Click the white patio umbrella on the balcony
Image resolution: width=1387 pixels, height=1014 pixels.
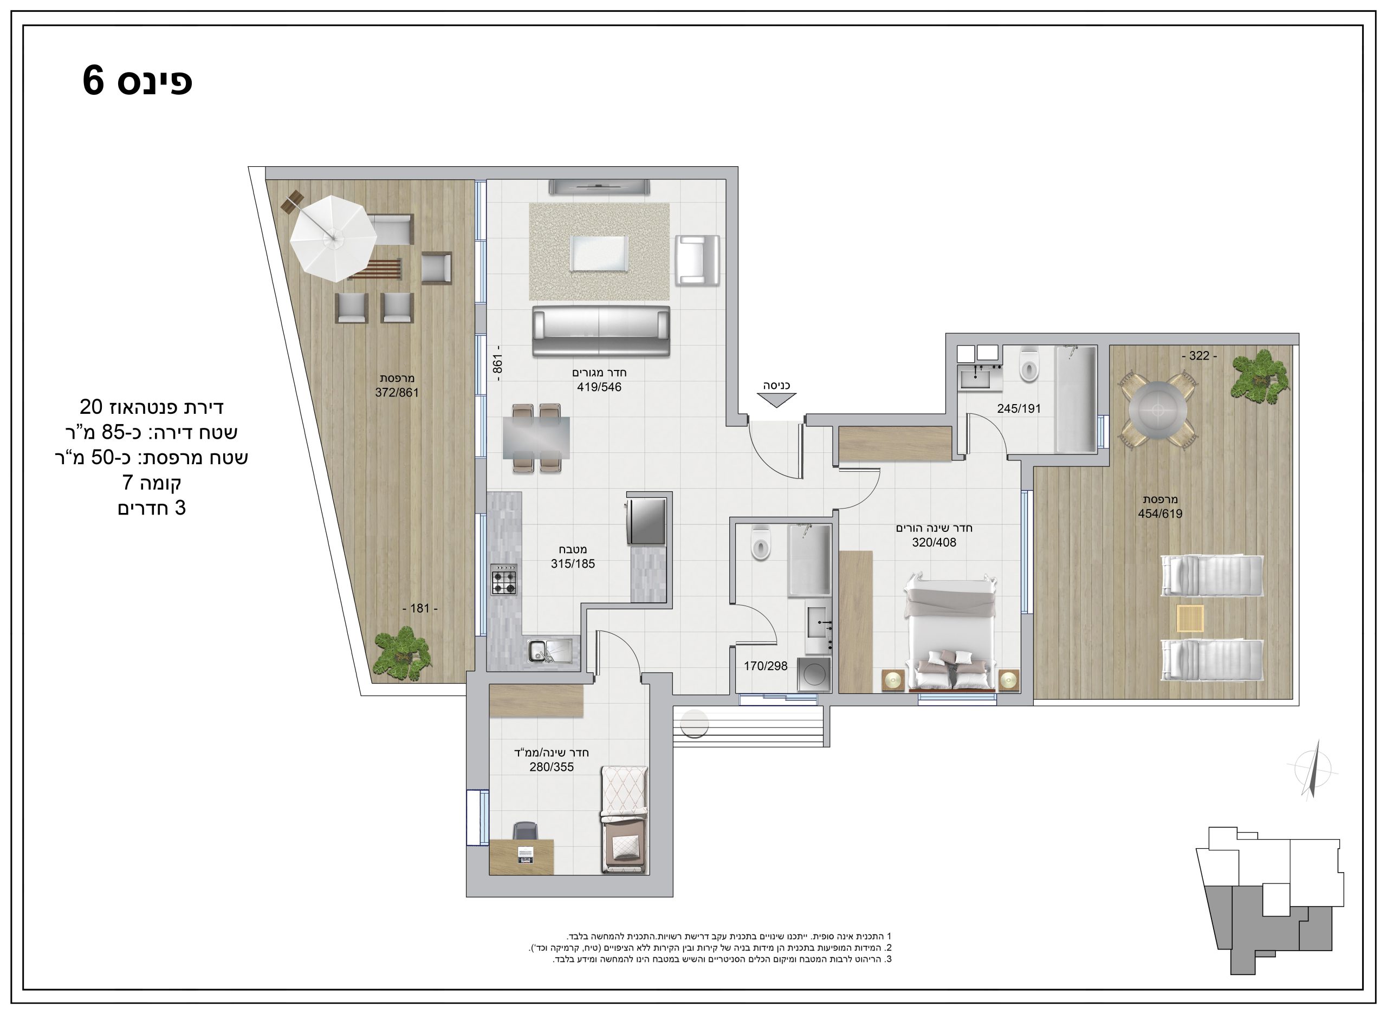coord(333,238)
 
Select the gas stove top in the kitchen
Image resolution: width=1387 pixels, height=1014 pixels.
coord(503,580)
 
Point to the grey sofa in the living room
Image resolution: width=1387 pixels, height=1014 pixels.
coord(600,331)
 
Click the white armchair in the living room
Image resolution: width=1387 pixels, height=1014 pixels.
coord(697,260)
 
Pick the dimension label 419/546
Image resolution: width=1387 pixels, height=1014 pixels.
coord(599,387)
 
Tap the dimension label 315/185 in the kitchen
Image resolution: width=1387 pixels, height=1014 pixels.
coord(572,563)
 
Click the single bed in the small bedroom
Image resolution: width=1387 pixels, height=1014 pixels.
coord(624,820)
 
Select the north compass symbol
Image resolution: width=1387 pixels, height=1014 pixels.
coord(1312,769)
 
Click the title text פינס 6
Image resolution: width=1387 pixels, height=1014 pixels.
coord(138,81)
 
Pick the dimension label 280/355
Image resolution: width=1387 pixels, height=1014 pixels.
coord(552,767)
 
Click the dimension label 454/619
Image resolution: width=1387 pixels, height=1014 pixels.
coord(1160,513)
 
